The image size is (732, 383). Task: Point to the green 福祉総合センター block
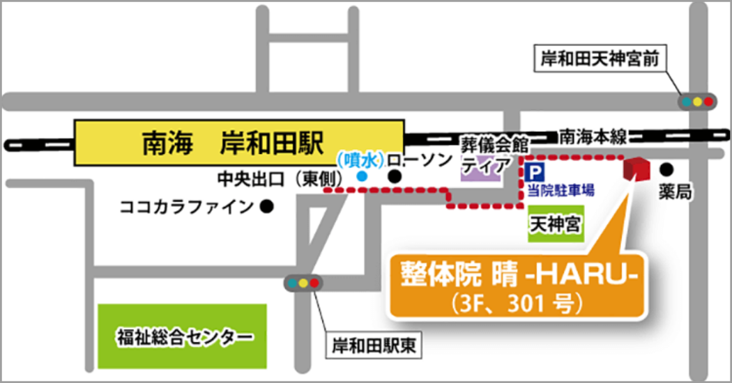coord(183,336)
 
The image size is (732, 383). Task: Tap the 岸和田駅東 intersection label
coord(373,345)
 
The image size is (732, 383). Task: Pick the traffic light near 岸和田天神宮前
coord(696,102)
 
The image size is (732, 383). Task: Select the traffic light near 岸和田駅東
coord(303,283)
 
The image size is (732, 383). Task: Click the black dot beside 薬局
coord(667,168)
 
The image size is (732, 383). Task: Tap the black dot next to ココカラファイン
coord(266,206)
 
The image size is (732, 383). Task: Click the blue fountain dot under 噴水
coord(361,177)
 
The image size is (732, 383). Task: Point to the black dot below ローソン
coord(395,177)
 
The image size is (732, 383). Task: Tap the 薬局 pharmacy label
coord(674,193)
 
